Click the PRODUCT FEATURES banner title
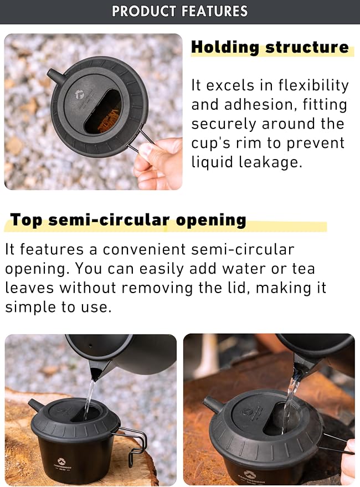point(180,11)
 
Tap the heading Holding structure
point(270,47)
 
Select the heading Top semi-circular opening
point(128,220)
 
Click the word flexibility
point(313,85)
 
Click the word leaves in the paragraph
point(29,288)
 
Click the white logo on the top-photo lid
point(80,94)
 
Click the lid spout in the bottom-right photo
point(212,404)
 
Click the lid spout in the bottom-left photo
point(37,406)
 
